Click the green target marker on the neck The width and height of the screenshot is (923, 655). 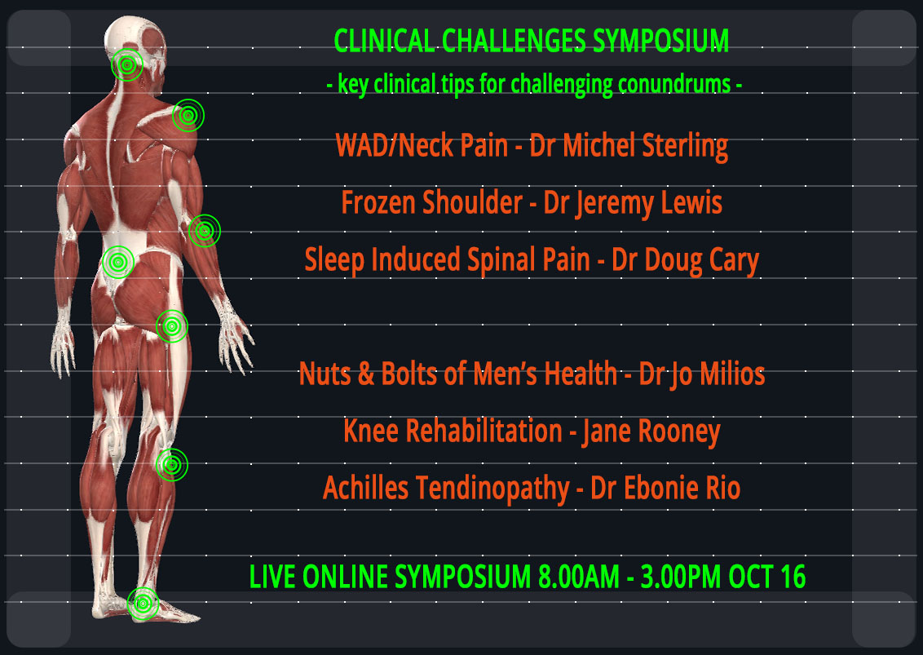click(x=126, y=64)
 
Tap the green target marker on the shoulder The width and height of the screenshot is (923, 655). click(x=188, y=116)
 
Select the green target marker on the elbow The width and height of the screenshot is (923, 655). click(x=205, y=230)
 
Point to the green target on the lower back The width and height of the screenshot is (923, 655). click(x=118, y=262)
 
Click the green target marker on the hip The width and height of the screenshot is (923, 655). click(x=172, y=325)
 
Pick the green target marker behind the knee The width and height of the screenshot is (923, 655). click(x=172, y=465)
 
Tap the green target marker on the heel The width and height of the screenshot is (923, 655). click(x=143, y=603)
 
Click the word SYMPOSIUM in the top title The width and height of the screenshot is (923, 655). click(x=660, y=42)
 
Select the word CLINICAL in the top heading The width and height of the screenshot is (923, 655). click(x=384, y=42)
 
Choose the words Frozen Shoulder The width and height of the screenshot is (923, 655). click(x=432, y=202)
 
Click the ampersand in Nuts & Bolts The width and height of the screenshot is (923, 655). click(x=365, y=374)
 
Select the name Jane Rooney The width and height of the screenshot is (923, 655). click(x=651, y=432)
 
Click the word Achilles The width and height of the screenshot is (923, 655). click(x=365, y=489)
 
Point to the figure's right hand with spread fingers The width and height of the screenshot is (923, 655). click(x=236, y=336)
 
